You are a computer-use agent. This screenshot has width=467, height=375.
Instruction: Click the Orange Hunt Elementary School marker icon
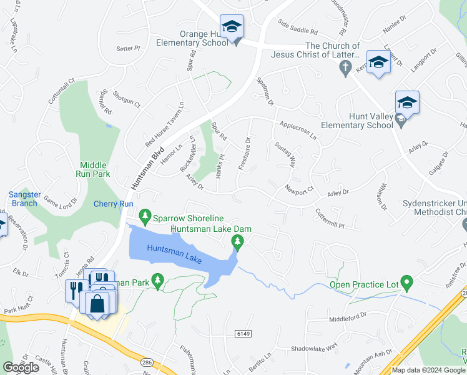coord(232,27)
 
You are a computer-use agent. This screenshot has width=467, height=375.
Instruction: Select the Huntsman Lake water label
coord(175,254)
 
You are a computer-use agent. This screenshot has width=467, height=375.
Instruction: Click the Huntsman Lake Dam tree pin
coord(237,241)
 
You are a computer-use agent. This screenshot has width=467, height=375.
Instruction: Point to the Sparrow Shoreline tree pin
coord(145,217)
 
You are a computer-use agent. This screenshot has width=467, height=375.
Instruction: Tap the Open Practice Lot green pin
coord(407,284)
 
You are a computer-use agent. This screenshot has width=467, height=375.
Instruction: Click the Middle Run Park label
coord(93,168)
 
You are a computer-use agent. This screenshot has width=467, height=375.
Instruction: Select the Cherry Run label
coord(113,204)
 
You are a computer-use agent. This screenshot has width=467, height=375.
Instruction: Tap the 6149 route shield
coord(243,334)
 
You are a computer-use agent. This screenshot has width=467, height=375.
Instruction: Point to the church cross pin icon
coord(347,69)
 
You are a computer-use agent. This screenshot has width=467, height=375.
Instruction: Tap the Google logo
coord(21,367)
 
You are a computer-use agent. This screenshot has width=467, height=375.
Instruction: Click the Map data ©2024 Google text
coord(428,370)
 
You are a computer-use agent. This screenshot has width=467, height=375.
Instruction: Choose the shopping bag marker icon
coord(98,304)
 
